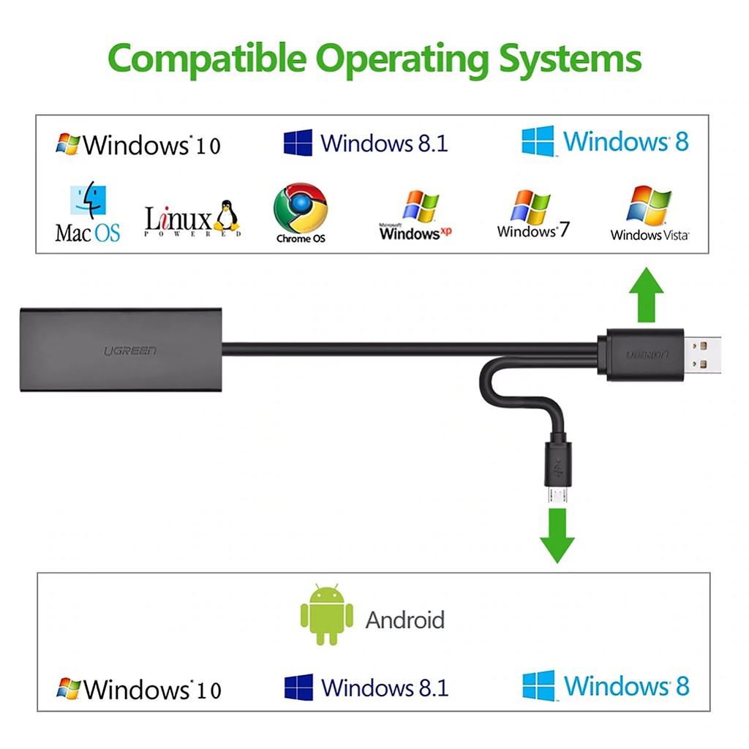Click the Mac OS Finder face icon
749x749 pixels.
tap(88, 202)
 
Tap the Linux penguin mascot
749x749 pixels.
tap(227, 217)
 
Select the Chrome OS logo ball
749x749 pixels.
tap(300, 208)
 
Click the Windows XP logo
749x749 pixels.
tap(421, 208)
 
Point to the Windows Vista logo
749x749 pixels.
tap(649, 204)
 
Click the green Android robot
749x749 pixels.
tap(327, 614)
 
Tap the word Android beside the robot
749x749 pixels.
tap(404, 620)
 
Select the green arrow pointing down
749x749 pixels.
tap(557, 535)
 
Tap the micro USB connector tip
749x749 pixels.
tap(557, 495)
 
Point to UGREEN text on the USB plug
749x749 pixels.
tap(646, 355)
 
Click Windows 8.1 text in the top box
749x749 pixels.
tap(384, 143)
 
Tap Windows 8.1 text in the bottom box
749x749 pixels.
tap(385, 688)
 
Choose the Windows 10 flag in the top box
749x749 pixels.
tap(69, 143)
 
